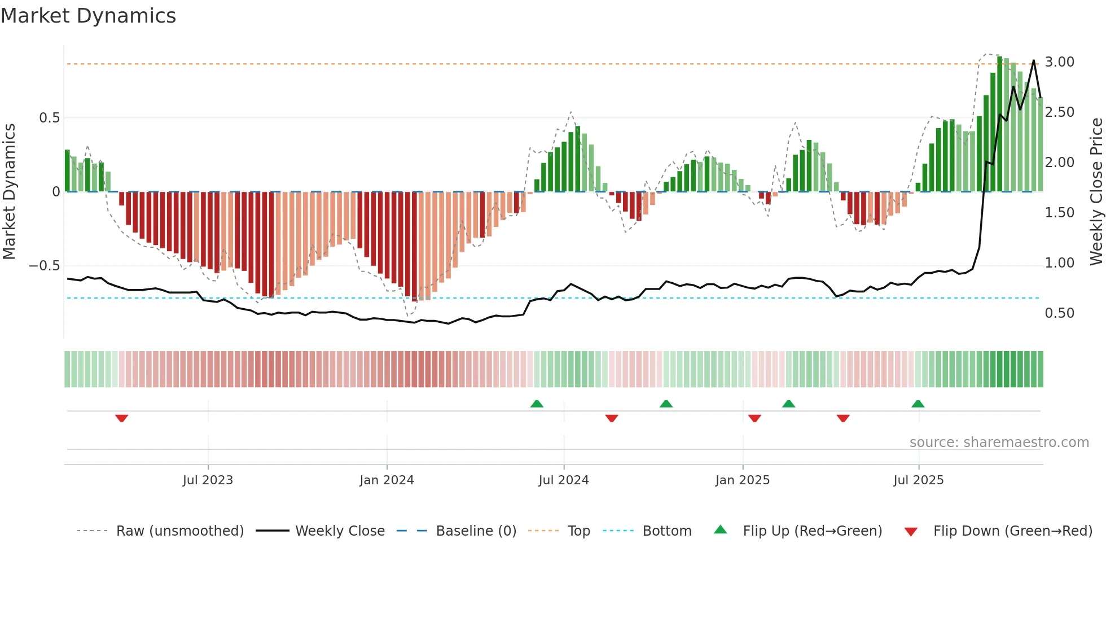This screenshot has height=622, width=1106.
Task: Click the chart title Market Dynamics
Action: tap(89, 16)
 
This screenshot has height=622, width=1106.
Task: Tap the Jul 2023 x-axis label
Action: tap(208, 480)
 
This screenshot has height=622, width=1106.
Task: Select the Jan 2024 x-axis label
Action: tap(387, 480)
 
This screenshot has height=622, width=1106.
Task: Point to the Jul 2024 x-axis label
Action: tap(563, 480)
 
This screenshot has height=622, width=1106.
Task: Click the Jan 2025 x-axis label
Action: tap(742, 480)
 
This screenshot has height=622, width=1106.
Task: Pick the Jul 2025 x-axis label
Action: tap(918, 480)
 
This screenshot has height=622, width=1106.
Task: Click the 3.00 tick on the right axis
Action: tap(1059, 62)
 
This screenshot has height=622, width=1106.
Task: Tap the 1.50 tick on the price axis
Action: tap(1059, 213)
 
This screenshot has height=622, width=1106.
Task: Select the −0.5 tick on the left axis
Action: tap(45, 265)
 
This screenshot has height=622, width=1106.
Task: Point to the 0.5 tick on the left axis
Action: tap(49, 118)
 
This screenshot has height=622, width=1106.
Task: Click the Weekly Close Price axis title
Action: tap(1096, 192)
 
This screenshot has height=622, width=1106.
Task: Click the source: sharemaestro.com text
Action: tap(999, 443)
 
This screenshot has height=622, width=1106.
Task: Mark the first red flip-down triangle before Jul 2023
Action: tap(121, 418)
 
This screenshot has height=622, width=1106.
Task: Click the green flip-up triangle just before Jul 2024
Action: tap(537, 404)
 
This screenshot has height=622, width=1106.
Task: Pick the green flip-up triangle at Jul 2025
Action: tap(918, 404)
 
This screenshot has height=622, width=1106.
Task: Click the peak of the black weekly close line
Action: tap(1034, 60)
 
